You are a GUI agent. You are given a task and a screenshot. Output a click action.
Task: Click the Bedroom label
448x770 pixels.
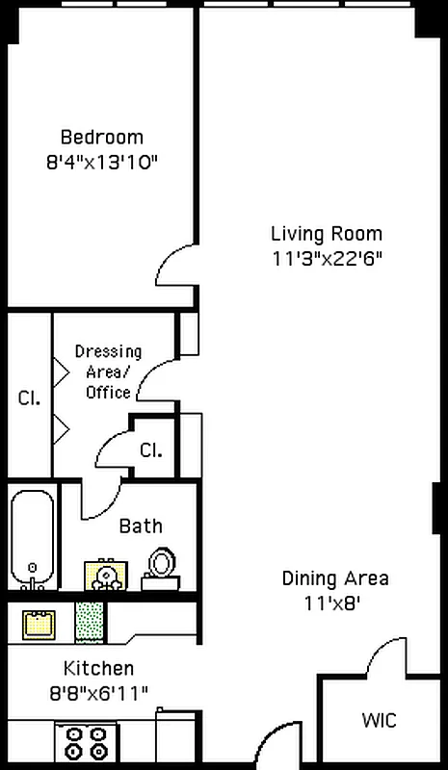[x=101, y=137]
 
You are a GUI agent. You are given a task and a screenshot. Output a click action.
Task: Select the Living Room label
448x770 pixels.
[x=326, y=233]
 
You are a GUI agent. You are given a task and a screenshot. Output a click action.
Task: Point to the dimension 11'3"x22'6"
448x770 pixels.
[x=326, y=258]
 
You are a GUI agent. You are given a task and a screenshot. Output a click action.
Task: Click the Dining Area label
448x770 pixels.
[x=335, y=578]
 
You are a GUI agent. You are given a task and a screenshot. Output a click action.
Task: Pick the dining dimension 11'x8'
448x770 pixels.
[x=335, y=603]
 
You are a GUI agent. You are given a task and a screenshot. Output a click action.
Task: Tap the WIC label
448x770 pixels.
[x=379, y=720]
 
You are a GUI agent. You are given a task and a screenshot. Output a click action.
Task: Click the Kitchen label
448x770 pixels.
[x=98, y=668]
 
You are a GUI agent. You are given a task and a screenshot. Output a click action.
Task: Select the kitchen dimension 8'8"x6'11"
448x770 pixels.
[x=98, y=692]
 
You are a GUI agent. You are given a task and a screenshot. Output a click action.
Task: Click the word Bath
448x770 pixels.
[x=141, y=526]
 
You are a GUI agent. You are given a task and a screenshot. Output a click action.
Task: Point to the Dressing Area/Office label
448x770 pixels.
[x=108, y=372]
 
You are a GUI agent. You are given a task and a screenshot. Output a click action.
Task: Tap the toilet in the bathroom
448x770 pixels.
[x=160, y=568]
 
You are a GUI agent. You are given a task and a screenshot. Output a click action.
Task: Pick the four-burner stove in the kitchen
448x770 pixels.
[x=86, y=743]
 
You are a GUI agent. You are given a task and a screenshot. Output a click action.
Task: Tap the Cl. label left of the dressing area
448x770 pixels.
[x=29, y=398]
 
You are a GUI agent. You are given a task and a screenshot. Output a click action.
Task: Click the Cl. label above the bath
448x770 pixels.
[x=150, y=449]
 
